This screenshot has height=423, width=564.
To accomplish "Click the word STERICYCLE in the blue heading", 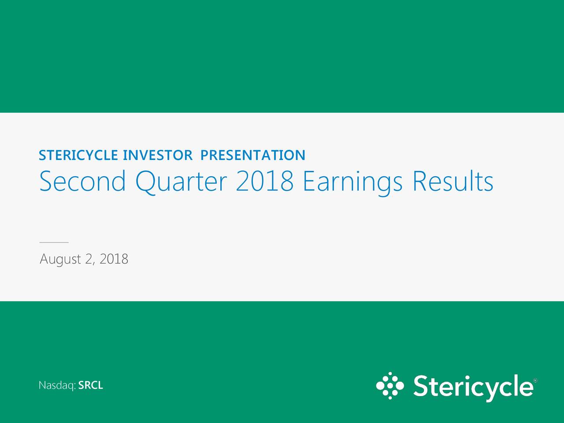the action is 78,155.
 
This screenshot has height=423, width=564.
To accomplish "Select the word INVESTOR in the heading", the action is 158,155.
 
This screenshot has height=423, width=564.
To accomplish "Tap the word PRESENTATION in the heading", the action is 253,155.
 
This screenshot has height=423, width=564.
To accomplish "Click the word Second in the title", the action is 82,181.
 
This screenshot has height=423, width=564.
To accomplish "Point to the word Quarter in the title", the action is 181,182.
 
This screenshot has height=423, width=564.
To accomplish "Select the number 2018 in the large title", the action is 265,182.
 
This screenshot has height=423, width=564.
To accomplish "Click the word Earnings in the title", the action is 353,183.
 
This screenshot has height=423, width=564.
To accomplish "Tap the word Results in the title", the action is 453,181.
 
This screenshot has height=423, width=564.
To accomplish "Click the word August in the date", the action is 60,260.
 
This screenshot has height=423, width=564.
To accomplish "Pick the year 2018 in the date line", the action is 114,259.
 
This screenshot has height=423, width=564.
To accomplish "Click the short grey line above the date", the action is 54,242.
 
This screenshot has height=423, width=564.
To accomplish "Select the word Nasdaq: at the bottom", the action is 57,386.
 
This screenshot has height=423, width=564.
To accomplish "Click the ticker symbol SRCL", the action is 91,385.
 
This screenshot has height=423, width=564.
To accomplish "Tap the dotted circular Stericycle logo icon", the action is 390,386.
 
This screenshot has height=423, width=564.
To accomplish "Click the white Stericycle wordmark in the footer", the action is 473,388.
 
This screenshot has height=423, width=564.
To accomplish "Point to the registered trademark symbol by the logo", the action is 535,380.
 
